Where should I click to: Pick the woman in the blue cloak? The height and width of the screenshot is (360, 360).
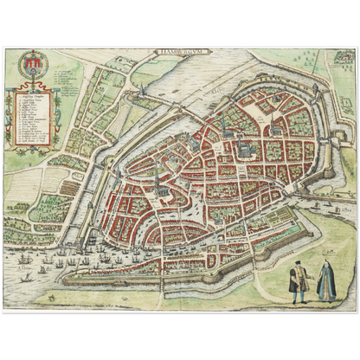[x=325, y=282]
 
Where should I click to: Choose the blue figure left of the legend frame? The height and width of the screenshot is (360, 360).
[x=10, y=112]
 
